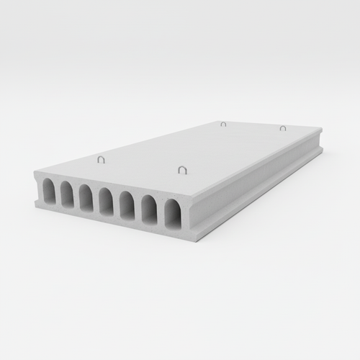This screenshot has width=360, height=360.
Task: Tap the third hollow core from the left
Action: (x=85, y=199)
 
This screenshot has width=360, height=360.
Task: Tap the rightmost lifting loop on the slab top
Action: (x=283, y=128)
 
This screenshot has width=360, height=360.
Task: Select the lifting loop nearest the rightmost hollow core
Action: (x=182, y=170)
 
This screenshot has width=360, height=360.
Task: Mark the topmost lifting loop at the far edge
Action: (x=223, y=124)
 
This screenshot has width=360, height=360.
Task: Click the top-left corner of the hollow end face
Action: (x=35, y=173)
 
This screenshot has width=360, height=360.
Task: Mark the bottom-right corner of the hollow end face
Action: (x=190, y=238)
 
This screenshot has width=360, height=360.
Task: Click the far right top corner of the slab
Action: (x=321, y=130)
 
